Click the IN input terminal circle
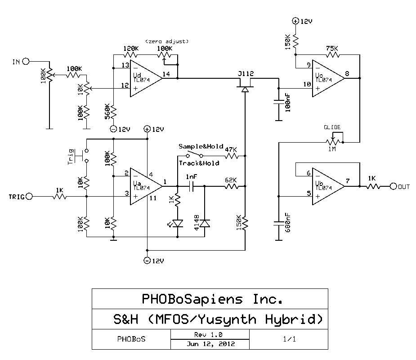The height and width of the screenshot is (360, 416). coord(26,61)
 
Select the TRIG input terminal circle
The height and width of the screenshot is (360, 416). coord(30,197)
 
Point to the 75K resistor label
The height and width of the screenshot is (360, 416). coord(332,48)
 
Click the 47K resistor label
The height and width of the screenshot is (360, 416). coord(231,148)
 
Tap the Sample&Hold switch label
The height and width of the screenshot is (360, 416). coord(201,147)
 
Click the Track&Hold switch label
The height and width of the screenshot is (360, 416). coord(199,163)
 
